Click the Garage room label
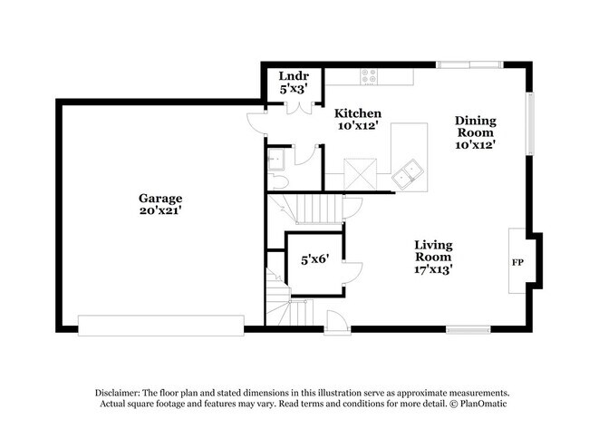coord(160,198)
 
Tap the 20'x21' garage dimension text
coord(160,210)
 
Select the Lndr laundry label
coord(294,76)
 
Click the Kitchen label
coord(358,113)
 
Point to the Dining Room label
coord(476,126)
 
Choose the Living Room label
coord(433,251)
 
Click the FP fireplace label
coord(517,262)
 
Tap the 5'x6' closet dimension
coord(314,259)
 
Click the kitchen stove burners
coord(369,76)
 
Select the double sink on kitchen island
coord(408,173)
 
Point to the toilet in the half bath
coord(278,182)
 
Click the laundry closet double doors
coord(299,108)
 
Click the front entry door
coord(336,322)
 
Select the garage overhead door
coord(161,326)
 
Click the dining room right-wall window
coord(530,124)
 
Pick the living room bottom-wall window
coord(468,330)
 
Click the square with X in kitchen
coord(361,174)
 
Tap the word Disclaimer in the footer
coord(118,394)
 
